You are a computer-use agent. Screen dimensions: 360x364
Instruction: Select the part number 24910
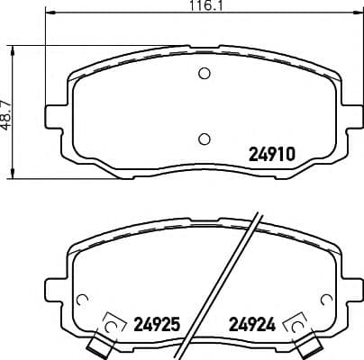(x=272, y=154)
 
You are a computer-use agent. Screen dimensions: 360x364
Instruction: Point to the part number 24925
(x=158, y=321)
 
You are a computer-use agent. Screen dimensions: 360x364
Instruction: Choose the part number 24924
(x=254, y=321)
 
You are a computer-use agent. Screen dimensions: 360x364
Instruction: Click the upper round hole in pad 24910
(x=204, y=74)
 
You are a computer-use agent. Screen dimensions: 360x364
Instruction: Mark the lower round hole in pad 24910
(x=204, y=138)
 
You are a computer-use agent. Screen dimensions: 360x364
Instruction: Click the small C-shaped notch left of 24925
(x=82, y=301)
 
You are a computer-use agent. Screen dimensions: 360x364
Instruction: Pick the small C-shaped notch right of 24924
(x=326, y=301)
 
